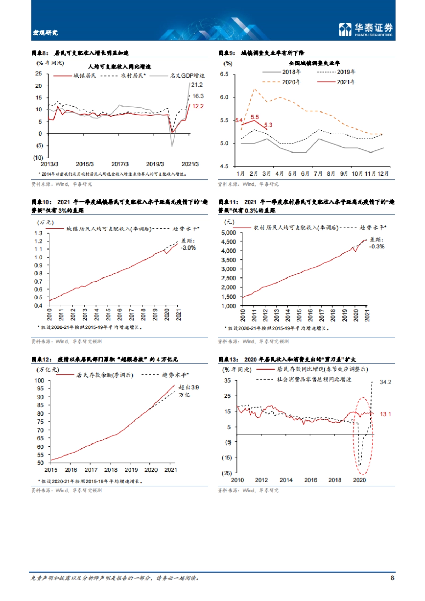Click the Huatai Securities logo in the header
pos(366,29)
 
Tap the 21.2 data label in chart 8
pos(197,85)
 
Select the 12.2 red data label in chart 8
pos(198,106)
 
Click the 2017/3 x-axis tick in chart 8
pos(120,164)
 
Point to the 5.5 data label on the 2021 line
pos(255,117)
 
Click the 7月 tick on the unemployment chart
pos(318,174)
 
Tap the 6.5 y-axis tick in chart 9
pos(224,74)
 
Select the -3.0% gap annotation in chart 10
pos(188,248)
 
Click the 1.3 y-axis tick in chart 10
pos(39,233)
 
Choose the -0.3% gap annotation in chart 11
pos(376,247)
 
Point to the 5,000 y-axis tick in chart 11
pos(228,233)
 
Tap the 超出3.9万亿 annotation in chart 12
pos(188,391)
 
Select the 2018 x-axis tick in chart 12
pos(111,470)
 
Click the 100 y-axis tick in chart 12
pos(39,380)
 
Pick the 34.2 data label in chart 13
pos(385,382)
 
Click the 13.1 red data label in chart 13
pos(385,414)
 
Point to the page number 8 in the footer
pos(392,578)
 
